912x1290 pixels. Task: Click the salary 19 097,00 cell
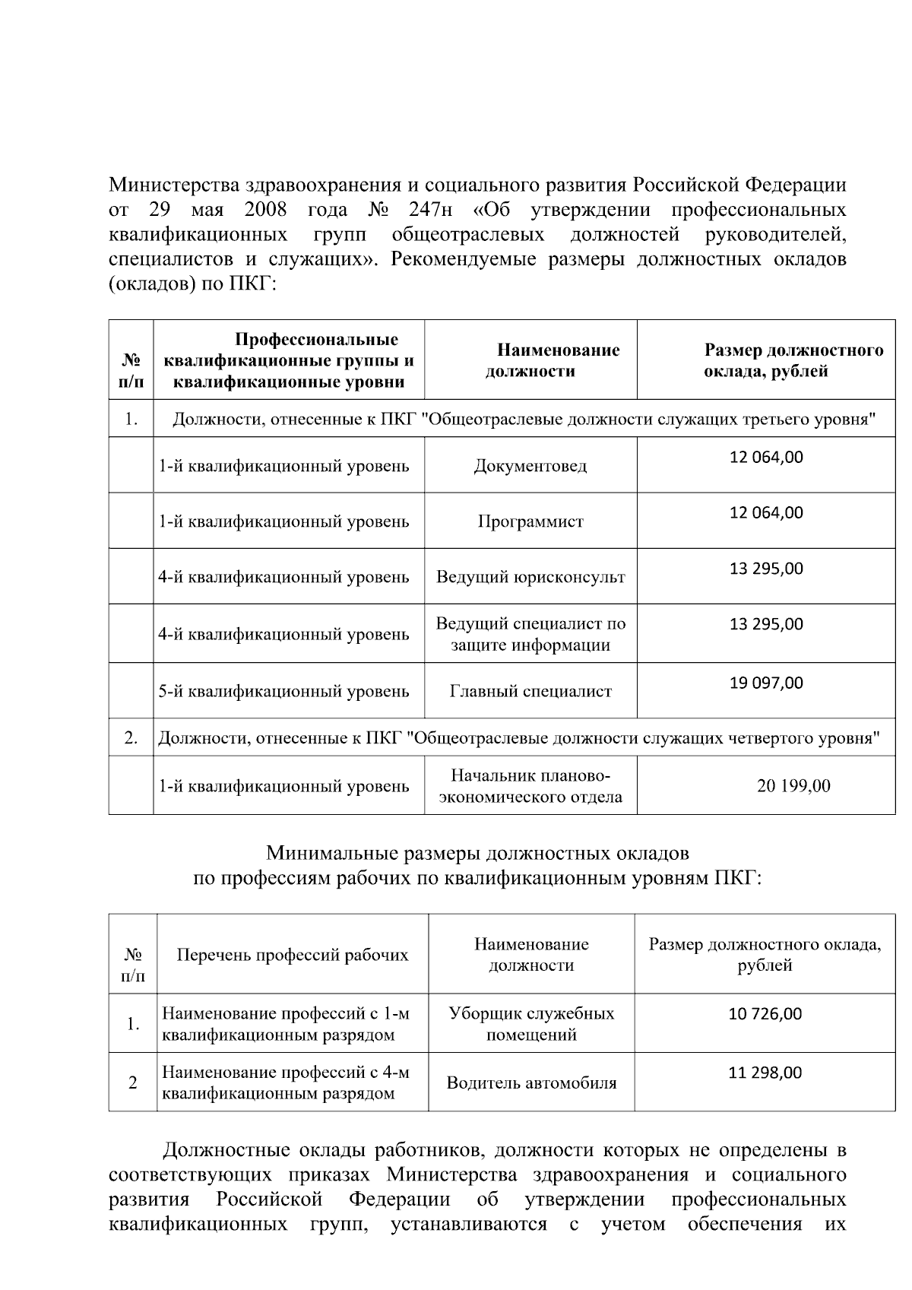click(x=766, y=683)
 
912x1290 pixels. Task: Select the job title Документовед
click(x=530, y=466)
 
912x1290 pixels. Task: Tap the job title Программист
click(x=530, y=521)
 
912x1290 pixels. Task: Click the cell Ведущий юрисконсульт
click(x=530, y=577)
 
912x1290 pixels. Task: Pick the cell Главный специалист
click(x=530, y=691)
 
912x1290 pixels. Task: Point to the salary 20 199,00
click(x=793, y=786)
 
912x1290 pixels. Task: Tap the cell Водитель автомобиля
click(x=530, y=1083)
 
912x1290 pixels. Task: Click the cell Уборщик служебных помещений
click(x=530, y=1024)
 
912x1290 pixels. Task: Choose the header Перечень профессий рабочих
click(x=292, y=955)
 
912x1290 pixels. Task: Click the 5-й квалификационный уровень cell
click(x=283, y=691)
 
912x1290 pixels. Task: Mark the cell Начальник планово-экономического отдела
click(x=530, y=786)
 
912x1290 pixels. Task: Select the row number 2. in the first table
click(x=131, y=737)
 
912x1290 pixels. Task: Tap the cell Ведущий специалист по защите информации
click(x=530, y=634)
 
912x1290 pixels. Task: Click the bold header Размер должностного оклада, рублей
click(x=793, y=361)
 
